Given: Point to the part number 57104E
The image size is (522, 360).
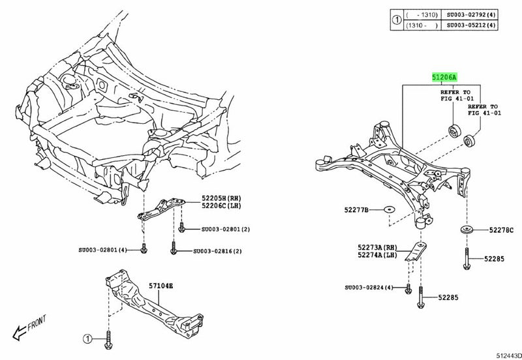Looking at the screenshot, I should point(161,285).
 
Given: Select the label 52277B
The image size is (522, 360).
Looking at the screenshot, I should point(355,209).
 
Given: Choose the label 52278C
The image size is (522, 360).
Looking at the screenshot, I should point(500,230).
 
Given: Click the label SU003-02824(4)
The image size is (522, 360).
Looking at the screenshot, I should point(369,287).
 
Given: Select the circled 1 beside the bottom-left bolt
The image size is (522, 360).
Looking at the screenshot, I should point(87,338).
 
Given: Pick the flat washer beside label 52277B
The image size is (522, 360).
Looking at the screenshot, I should point(387,209).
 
